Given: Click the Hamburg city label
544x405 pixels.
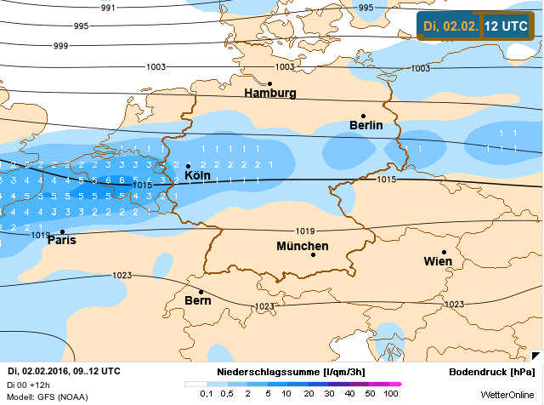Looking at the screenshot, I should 269,93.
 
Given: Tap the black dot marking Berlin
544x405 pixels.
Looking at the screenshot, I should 363,116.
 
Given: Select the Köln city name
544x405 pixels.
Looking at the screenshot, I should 203,176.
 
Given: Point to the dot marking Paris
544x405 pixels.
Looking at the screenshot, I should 62,231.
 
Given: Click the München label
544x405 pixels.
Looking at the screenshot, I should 303,247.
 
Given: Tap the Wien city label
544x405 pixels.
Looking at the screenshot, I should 438,261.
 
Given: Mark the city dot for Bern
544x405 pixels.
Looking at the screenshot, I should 201,292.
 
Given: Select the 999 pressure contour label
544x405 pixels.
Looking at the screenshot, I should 60,45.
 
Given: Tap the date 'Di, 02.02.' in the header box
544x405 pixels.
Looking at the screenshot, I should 450,26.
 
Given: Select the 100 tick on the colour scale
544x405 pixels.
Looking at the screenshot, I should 391,394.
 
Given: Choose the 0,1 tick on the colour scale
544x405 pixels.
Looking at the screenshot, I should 207,394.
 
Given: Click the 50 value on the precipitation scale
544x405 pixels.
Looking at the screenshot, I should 370,394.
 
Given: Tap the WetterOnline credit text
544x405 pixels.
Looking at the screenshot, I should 507,395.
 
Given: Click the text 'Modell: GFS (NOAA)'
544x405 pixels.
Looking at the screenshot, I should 48,397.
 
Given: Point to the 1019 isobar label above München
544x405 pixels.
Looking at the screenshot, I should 305,231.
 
